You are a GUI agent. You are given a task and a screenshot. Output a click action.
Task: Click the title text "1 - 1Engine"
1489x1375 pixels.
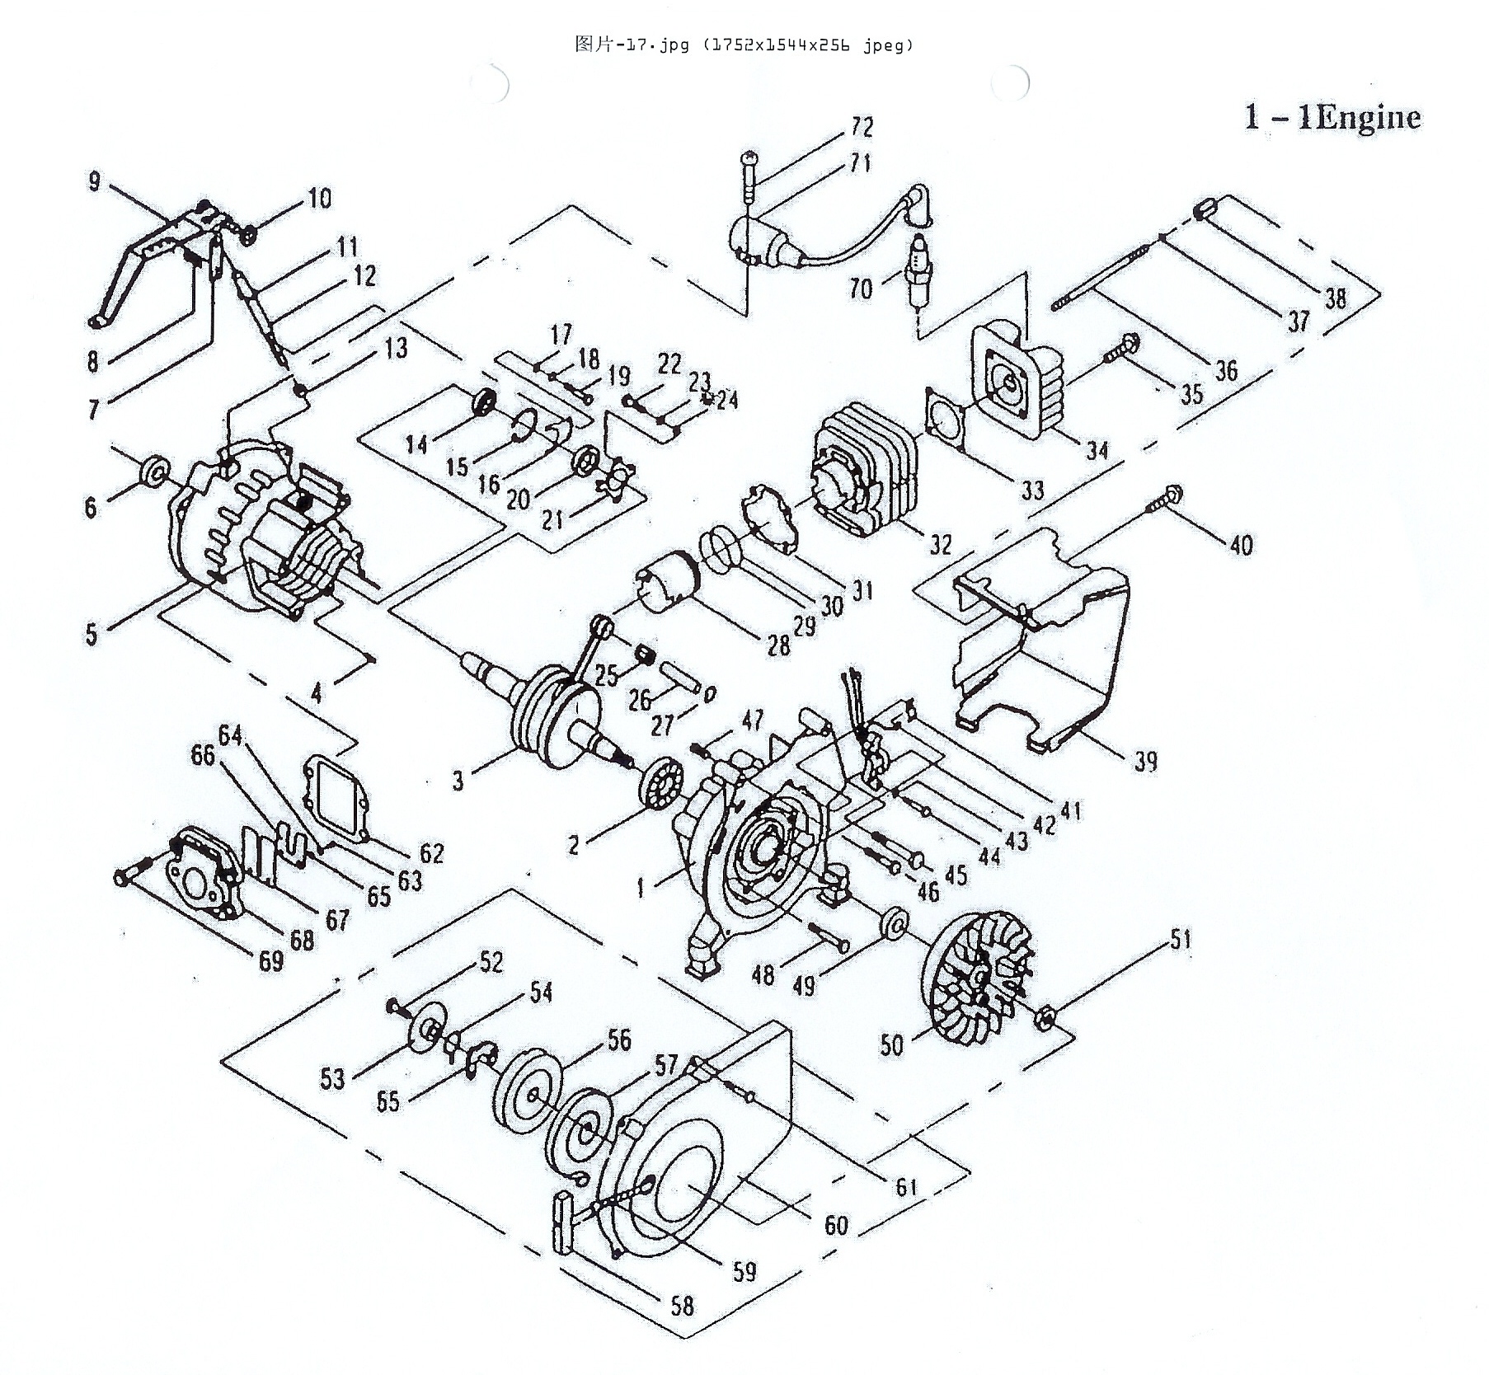1332,118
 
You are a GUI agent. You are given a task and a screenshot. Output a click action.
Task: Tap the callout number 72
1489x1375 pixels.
862,127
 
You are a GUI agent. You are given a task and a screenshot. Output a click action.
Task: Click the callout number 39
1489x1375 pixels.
1145,761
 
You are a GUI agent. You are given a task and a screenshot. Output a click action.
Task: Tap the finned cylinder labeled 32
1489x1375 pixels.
863,476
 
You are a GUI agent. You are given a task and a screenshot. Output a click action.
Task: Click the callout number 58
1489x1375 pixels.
681,1305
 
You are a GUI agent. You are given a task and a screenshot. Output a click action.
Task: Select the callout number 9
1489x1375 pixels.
94,181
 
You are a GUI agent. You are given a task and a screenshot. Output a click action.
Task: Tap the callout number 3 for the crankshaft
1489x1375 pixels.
458,781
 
